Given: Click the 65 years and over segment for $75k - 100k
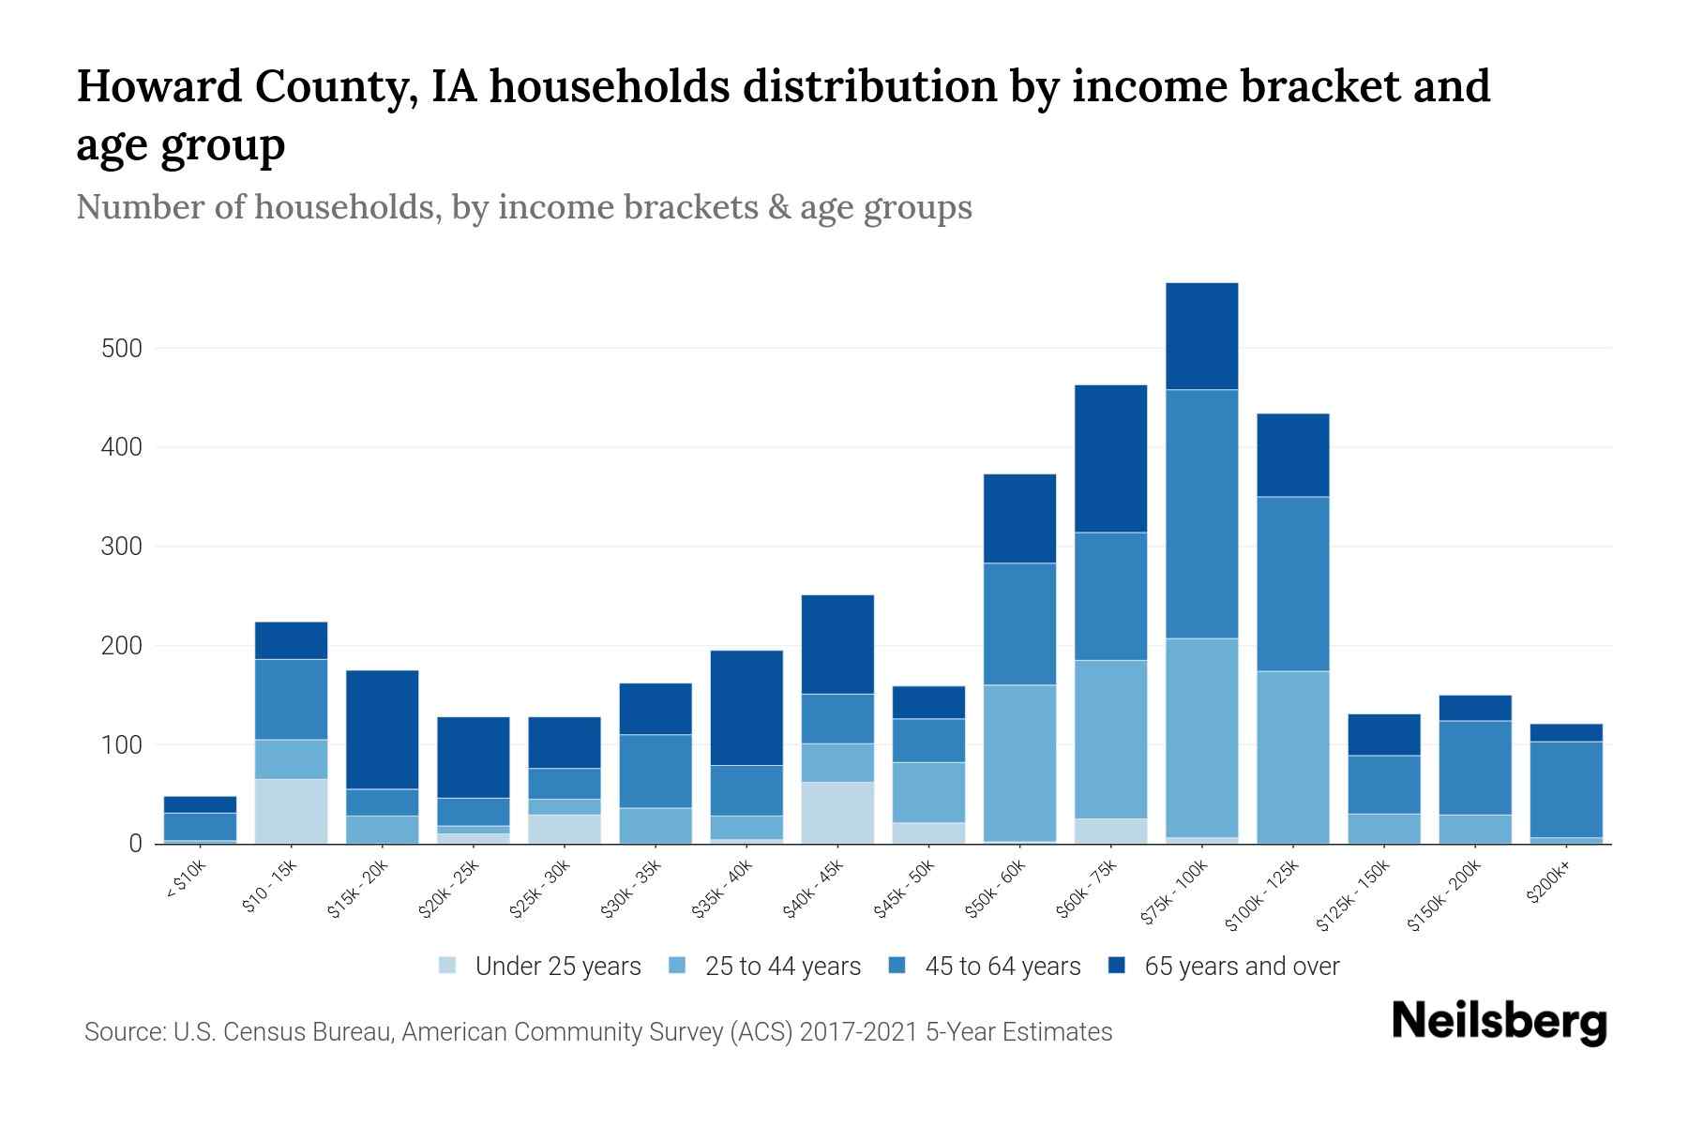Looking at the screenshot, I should [x=1201, y=336].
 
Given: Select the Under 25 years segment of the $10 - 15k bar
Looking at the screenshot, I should [x=291, y=811].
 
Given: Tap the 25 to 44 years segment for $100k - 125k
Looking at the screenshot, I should [x=1292, y=757].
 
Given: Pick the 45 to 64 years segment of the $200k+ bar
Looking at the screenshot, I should [x=1565, y=789].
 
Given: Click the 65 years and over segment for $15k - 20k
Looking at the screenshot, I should [x=382, y=729].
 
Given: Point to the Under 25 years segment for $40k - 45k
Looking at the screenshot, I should [x=837, y=812].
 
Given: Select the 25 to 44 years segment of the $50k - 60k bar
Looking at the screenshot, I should [x=1019, y=763].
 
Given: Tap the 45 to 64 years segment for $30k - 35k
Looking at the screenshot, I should [x=656, y=771].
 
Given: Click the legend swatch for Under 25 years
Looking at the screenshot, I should [x=448, y=966].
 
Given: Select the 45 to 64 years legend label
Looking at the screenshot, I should [x=1002, y=966].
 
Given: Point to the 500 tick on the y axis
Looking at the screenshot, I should [x=121, y=349].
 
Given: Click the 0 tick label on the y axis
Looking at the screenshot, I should [x=135, y=844].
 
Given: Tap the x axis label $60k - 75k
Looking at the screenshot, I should [x=1087, y=889].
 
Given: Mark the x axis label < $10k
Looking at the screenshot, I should [x=186, y=881].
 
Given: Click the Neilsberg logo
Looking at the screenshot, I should [x=1499, y=1022].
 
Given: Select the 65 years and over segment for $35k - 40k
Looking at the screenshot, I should [x=746, y=707].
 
